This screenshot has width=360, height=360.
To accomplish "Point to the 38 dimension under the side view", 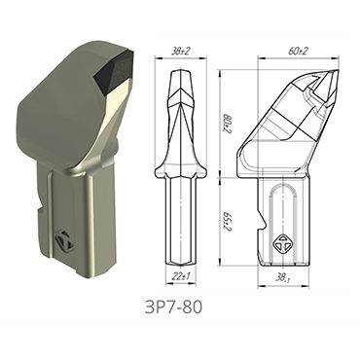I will click(x=285, y=280).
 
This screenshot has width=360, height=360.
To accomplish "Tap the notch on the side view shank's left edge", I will click(x=260, y=227).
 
